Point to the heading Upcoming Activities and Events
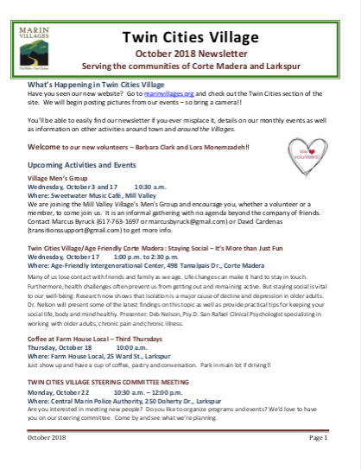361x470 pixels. [82, 163]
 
